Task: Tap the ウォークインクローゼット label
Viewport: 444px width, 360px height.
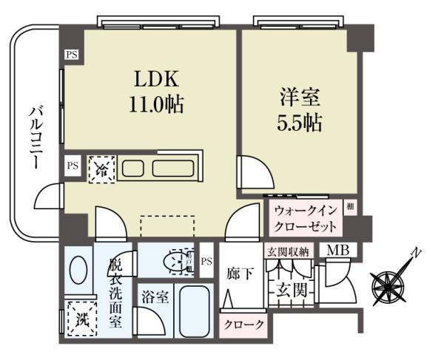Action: point(306,217)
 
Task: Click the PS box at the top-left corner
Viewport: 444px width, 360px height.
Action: point(71,54)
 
